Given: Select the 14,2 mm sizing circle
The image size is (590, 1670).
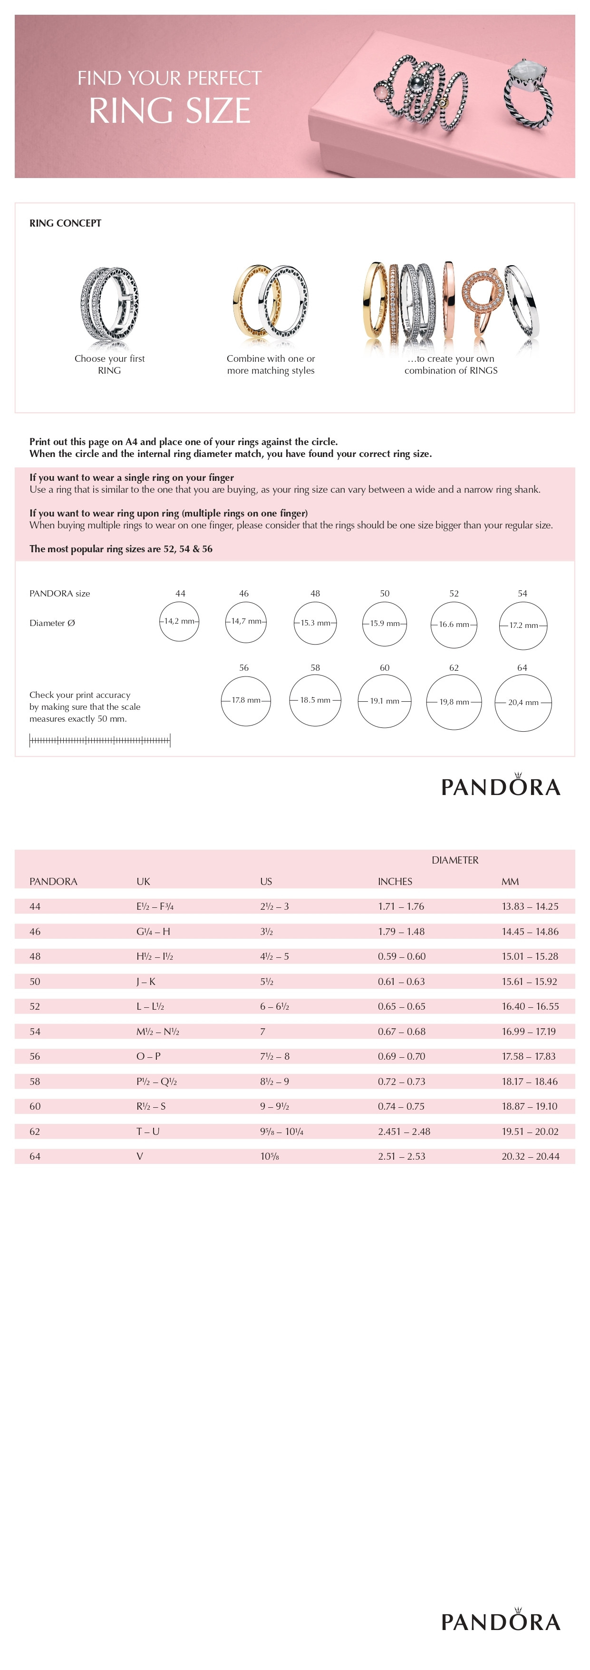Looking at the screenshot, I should [x=179, y=621].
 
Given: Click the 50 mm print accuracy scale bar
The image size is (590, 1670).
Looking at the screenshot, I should [x=100, y=740].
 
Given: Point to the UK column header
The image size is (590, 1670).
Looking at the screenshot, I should [x=143, y=882].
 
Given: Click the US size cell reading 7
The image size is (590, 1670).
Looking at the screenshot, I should [x=262, y=1032].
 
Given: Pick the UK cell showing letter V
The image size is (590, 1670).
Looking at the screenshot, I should [x=139, y=1156].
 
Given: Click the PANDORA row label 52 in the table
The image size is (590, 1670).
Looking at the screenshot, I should [x=35, y=1006].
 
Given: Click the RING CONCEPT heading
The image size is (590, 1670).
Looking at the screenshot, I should [x=66, y=223].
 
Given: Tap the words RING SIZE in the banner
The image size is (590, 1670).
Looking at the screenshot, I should [x=170, y=110].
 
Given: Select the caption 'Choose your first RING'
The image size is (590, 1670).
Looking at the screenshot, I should [x=109, y=364].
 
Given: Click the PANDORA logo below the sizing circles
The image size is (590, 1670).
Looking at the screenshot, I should [x=500, y=786].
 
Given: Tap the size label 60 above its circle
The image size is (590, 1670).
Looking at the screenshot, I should [x=385, y=668].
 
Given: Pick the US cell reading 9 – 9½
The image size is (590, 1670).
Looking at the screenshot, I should [x=275, y=1107].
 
